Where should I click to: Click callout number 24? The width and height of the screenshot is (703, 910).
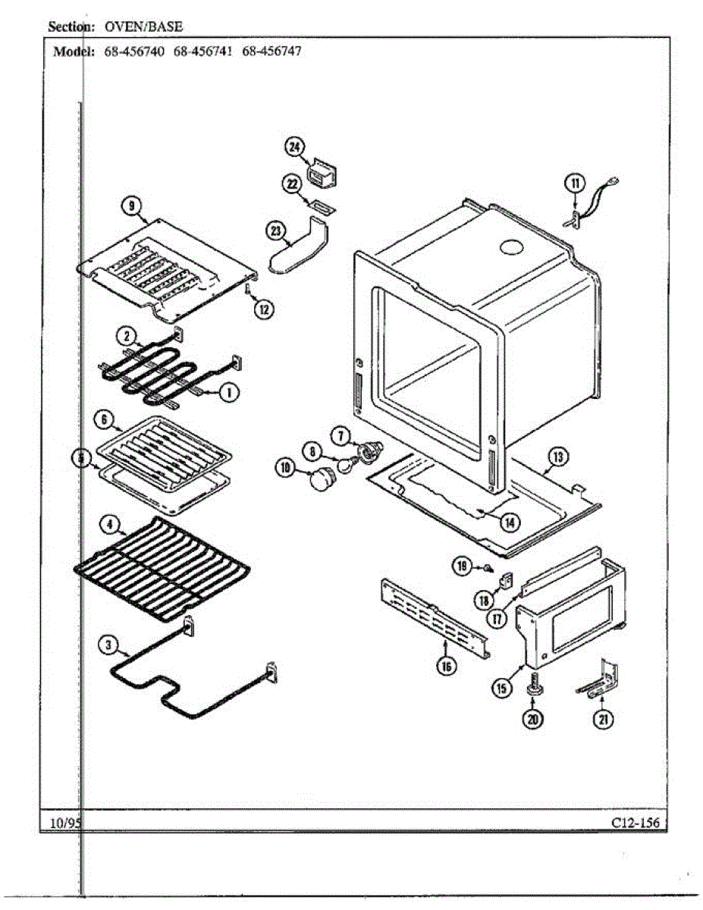tap(294, 147)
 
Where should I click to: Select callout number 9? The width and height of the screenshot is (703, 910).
tap(131, 205)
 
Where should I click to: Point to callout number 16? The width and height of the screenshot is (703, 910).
tap(446, 666)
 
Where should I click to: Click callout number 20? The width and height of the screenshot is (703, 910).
tap(535, 720)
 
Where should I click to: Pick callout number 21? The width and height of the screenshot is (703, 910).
tap(603, 720)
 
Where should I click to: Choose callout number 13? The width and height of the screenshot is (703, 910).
tap(558, 457)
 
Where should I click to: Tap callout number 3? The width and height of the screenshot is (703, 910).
tap(109, 645)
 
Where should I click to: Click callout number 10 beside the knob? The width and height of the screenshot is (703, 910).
tap(286, 469)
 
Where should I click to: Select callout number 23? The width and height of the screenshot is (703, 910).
tap(276, 231)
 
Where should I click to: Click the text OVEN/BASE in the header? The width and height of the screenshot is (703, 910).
tap(143, 27)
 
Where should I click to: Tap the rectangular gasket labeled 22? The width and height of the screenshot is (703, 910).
tap(319, 206)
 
